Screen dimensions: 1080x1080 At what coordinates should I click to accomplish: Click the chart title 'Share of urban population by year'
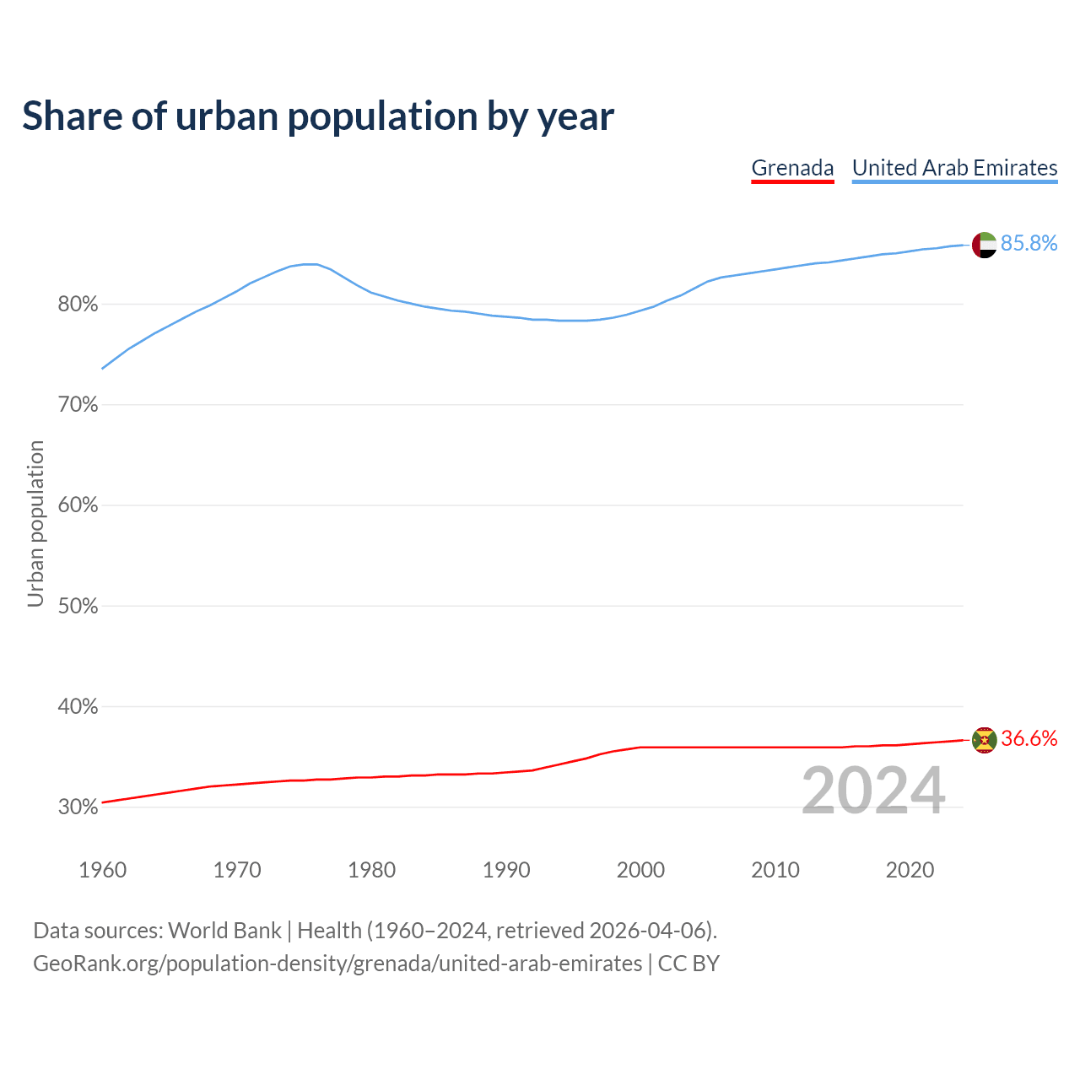[318, 116]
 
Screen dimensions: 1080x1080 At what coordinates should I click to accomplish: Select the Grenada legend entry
[792, 168]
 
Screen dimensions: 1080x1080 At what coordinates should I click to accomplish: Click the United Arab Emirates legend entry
[954, 168]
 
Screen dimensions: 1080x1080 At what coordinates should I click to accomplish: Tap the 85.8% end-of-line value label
[1029, 244]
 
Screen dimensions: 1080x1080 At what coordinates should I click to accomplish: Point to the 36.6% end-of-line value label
[1029, 739]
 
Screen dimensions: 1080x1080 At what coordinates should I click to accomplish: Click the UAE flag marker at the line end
[984, 245]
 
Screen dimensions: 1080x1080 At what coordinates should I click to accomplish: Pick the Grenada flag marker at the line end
[984, 740]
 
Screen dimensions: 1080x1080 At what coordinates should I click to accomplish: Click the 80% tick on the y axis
[78, 305]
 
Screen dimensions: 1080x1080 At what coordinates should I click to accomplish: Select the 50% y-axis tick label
[78, 607]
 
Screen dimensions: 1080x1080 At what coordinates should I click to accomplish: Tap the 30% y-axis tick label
[78, 807]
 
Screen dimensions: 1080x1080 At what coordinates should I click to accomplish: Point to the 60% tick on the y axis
[78, 506]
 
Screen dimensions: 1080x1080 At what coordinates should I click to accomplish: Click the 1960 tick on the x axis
[102, 870]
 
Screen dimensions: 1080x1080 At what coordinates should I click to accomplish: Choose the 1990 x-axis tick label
[506, 870]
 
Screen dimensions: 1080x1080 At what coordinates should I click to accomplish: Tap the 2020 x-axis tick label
[910, 870]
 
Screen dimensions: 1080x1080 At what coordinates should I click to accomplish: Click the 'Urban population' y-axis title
[35, 523]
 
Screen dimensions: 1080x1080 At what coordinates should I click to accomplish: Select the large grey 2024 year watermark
[872, 791]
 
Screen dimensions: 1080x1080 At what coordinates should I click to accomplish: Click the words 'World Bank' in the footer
[224, 931]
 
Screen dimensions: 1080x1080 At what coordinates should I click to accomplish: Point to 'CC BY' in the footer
[688, 964]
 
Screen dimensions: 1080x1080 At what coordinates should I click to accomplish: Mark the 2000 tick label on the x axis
[640, 870]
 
